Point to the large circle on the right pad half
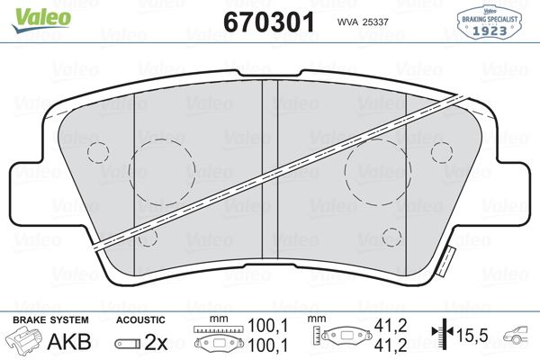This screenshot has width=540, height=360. click(377, 169)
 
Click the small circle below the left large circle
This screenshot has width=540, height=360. click(149, 237)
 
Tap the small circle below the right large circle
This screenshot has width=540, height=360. click(391, 237)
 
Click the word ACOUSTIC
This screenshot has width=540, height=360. click(140, 320)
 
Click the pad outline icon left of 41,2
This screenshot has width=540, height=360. click(346, 337)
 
